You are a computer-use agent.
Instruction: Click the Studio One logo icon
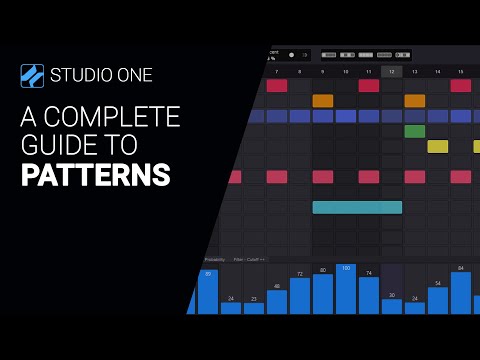(x=33, y=76)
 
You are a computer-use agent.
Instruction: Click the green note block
(x=414, y=131)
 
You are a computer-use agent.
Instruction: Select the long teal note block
(x=357, y=207)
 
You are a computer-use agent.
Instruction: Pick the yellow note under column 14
(x=438, y=146)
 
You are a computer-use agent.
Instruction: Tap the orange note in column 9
(x=322, y=100)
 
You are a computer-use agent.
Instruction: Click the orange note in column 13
(x=414, y=100)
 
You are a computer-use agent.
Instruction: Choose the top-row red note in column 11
(x=369, y=85)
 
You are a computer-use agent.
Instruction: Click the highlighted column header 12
(x=392, y=71)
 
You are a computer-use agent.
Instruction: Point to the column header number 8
(x=299, y=71)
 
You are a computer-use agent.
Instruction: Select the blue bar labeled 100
(x=346, y=290)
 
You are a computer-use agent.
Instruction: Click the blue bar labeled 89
(x=208, y=292)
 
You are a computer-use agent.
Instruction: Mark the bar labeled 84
(x=460, y=293)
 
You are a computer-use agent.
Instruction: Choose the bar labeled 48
(x=277, y=302)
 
